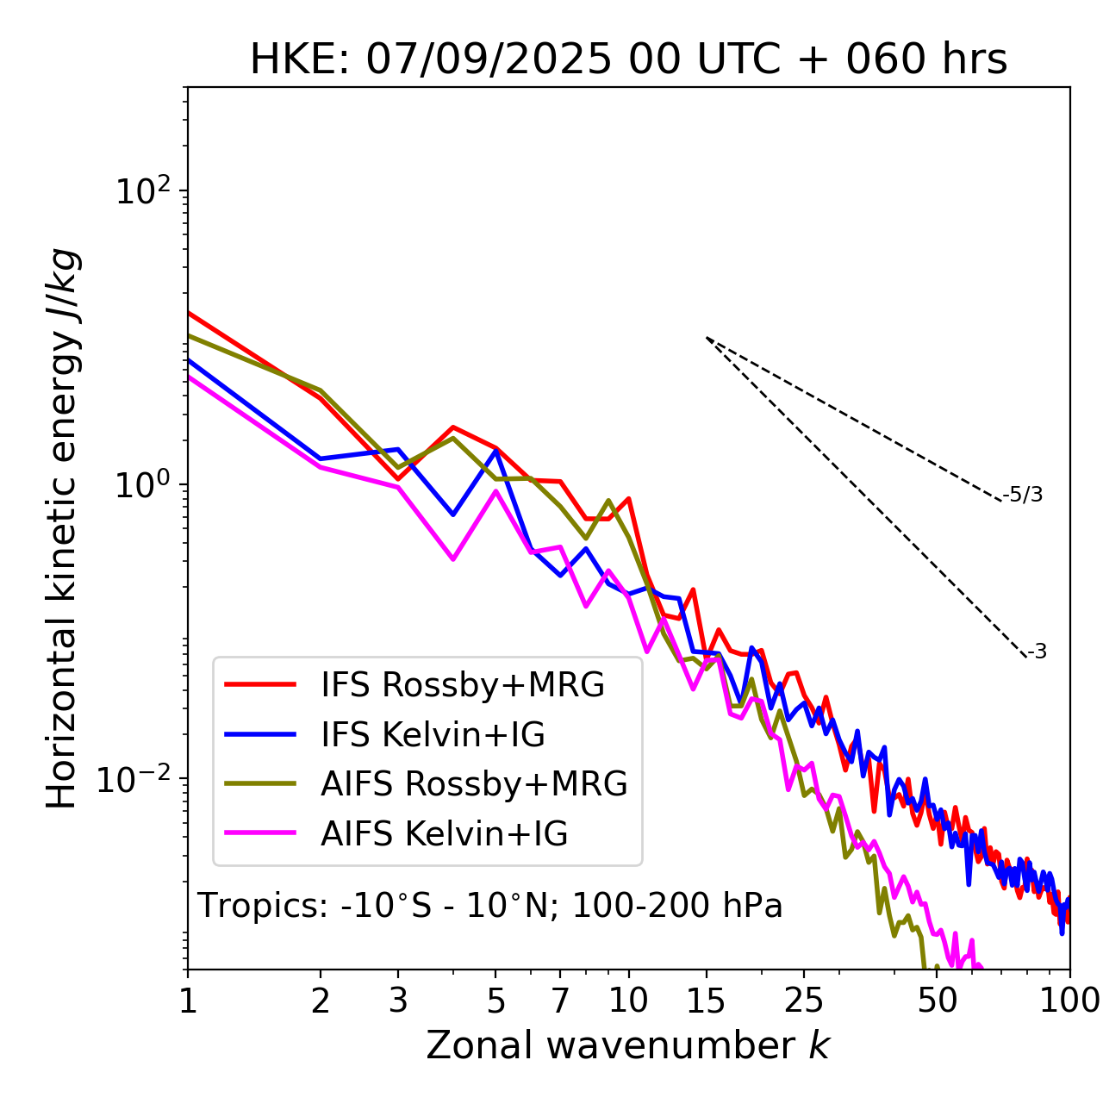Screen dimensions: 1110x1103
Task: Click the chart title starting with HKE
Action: coord(628,60)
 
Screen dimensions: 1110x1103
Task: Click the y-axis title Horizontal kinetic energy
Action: coord(63,528)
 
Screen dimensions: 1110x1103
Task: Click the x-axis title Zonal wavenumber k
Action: coord(628,1045)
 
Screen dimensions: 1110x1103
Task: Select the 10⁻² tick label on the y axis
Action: coord(140,779)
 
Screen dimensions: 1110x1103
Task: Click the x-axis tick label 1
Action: coord(188,1001)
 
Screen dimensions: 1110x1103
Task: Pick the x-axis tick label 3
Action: coord(399,1001)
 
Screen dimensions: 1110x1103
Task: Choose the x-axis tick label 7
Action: coord(561,1001)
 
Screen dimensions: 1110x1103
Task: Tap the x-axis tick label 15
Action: coord(707,1001)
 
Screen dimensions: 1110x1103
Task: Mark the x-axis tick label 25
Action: coord(804,1001)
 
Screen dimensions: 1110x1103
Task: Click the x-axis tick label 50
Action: coord(938,1001)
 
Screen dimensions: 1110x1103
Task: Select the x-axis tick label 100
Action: coord(1069,1001)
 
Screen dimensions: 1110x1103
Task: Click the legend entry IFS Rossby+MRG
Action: coord(463,685)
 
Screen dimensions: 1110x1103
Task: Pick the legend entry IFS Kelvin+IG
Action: coord(433,735)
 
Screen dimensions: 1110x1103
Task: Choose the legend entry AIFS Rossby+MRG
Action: coord(474,784)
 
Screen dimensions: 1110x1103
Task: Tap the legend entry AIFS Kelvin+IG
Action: coord(445,834)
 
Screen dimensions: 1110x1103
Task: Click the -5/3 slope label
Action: coord(1023,496)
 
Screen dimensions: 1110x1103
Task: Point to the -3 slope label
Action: coord(1038,652)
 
